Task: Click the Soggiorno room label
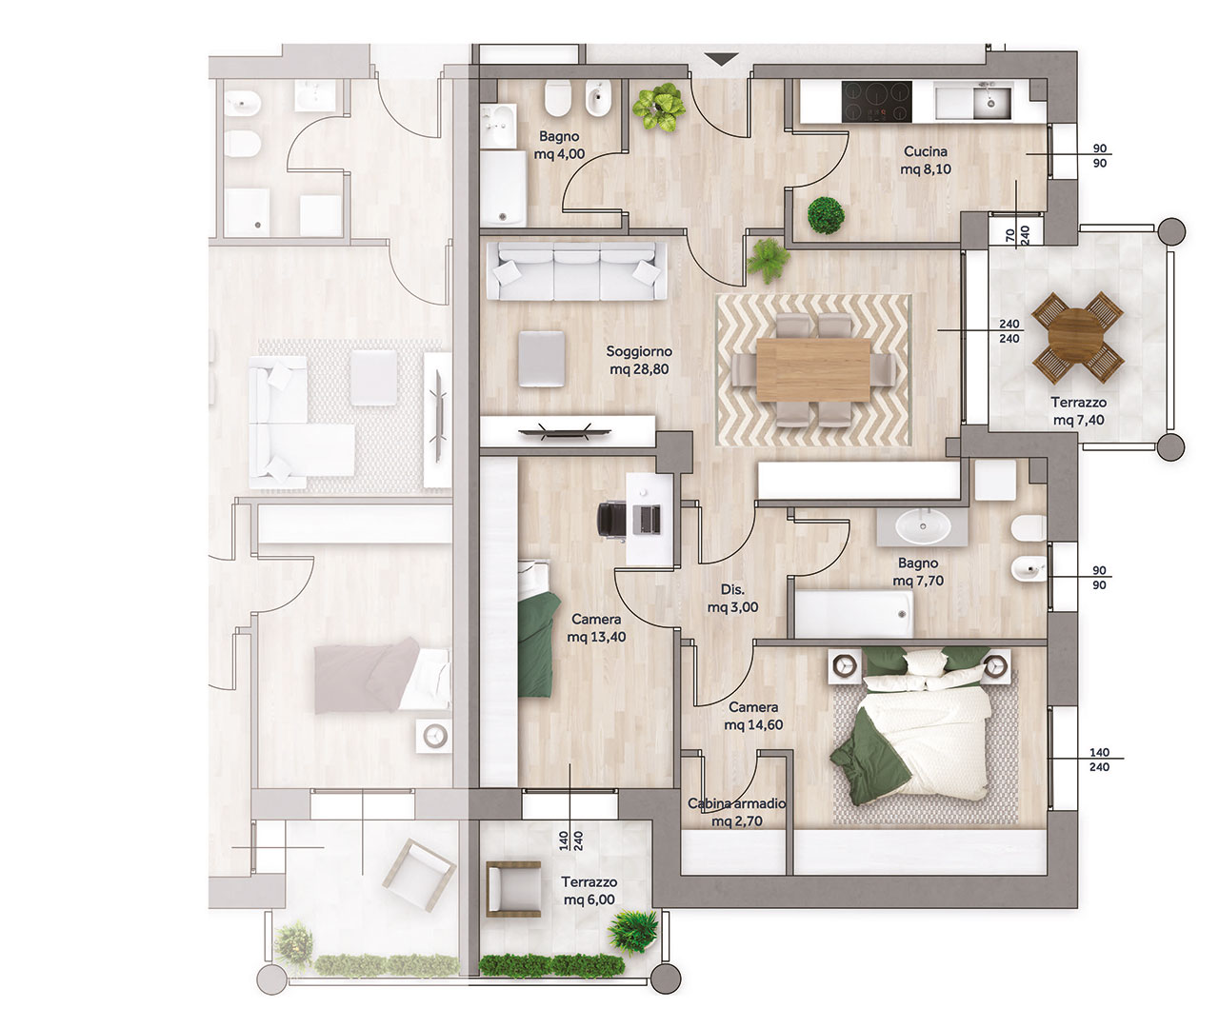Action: (639, 351)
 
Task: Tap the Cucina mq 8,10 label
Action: (926, 160)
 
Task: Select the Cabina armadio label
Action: (736, 803)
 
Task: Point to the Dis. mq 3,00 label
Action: (732, 598)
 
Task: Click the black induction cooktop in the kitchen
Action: (876, 102)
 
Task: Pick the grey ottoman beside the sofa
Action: (541, 359)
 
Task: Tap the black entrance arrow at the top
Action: (722, 59)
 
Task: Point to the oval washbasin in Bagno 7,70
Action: (923, 526)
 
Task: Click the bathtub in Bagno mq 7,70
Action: (850, 614)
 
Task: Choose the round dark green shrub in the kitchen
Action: (826, 215)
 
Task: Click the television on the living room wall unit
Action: (565, 432)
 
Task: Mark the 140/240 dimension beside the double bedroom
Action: (1099, 760)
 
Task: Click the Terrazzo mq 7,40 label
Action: (1078, 411)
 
